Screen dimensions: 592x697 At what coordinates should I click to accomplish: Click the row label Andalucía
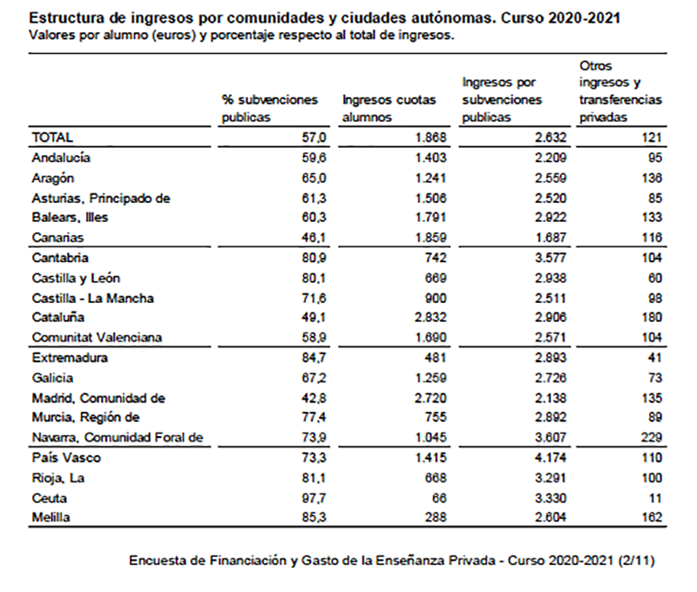click(61, 158)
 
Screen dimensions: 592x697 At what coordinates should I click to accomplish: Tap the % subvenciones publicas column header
click(270, 108)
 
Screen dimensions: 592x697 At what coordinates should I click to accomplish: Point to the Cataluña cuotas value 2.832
click(430, 318)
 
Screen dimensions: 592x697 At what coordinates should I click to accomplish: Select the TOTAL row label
click(52, 137)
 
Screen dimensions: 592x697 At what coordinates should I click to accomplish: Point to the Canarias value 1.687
click(550, 237)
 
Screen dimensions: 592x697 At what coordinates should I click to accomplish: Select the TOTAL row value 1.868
click(430, 137)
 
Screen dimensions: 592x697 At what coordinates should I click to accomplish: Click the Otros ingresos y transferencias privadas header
click(620, 91)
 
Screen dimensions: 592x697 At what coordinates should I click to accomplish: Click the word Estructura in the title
click(63, 17)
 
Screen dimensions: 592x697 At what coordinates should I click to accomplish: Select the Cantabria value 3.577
click(550, 258)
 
